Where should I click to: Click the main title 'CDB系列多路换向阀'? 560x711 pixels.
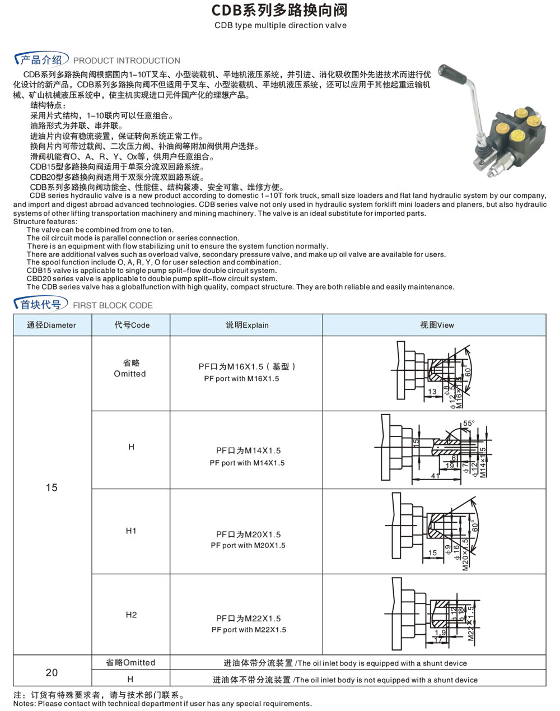coord(280,10)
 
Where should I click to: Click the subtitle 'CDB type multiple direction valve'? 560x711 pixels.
coord(280,25)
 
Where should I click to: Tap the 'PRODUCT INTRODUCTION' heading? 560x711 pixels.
coord(127,61)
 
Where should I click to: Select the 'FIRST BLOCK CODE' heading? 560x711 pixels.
coord(113,305)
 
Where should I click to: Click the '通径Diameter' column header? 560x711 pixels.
coord(52,325)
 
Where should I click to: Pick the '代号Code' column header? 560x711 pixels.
coord(132,325)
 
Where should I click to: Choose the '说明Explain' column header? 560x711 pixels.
coord(247,325)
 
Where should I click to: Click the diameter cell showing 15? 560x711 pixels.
coord(52,487)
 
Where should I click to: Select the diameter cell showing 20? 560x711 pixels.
coord(52,672)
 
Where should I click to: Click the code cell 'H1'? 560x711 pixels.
coord(131,531)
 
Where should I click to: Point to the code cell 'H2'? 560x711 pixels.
coord(131,615)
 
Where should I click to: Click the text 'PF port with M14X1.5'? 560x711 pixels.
coord(247,463)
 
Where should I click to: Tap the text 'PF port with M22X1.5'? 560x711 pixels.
coord(249,630)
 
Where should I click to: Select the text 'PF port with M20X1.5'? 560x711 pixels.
coord(248,545)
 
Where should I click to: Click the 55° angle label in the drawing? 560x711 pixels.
coord(469,424)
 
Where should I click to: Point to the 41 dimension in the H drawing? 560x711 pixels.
coord(435,476)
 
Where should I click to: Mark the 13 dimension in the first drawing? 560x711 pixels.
coord(432,392)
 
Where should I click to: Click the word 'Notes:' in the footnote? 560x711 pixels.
coord(25,704)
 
